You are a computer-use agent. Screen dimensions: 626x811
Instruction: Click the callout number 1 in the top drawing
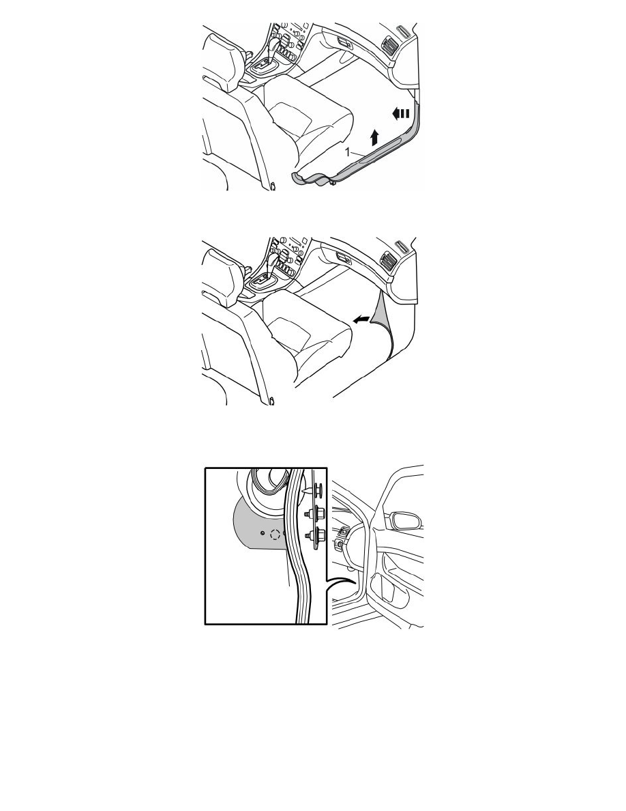348,152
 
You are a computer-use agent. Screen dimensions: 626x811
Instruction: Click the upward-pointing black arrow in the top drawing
374,138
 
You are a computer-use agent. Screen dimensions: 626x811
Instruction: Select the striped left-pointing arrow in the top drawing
400,113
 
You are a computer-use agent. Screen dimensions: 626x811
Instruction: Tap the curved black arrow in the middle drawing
361,320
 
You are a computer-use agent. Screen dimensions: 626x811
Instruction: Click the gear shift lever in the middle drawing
271,266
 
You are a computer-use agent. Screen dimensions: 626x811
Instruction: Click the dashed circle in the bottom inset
275,535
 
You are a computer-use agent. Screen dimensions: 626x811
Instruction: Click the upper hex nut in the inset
312,514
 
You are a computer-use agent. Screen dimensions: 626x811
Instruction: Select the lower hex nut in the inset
312,537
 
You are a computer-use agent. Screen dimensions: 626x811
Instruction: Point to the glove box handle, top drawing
344,44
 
